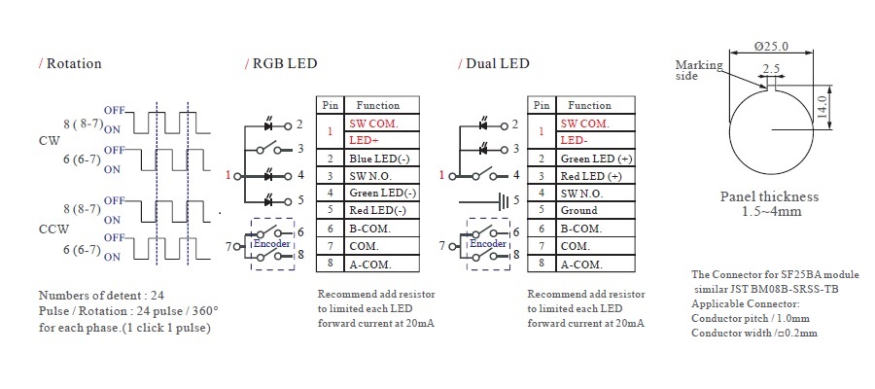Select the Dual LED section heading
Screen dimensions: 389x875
497,64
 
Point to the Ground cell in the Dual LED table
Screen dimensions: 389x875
579,211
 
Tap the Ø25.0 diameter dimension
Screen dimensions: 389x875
771,46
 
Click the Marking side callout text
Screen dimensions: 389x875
699,71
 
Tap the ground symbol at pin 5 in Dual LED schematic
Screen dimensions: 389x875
501,201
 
